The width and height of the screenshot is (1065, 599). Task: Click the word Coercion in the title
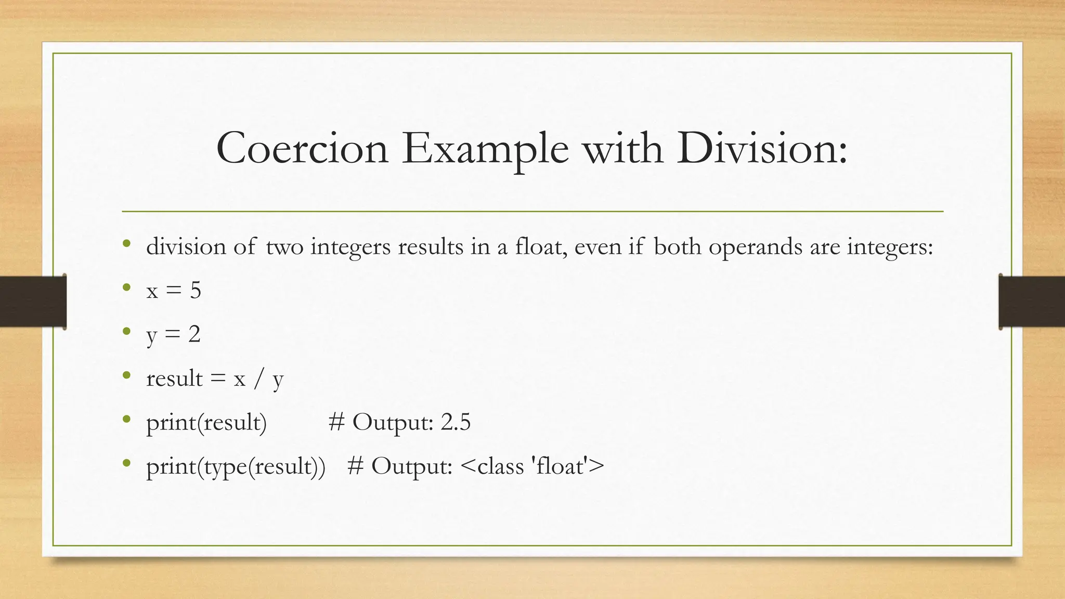coord(302,149)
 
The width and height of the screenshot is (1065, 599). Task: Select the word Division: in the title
coord(762,149)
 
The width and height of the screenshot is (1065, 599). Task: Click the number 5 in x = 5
coord(196,290)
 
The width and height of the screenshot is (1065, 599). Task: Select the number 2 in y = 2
coord(194,334)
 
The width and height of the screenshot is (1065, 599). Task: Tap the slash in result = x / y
coord(258,379)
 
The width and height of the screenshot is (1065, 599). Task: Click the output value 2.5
coord(456,422)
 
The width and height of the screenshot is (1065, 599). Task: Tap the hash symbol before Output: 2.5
coord(337,422)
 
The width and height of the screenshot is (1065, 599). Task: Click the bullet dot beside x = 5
coord(126,287)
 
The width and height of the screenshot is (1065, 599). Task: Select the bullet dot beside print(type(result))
coord(126,463)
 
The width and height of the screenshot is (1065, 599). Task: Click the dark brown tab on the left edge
coord(33,302)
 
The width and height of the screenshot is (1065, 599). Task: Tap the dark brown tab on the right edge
coord(1032,302)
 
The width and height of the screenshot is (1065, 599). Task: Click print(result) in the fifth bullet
coord(206,422)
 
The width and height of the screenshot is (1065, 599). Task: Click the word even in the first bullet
coord(598,246)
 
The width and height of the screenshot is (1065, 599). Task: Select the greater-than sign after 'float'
coord(597,465)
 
